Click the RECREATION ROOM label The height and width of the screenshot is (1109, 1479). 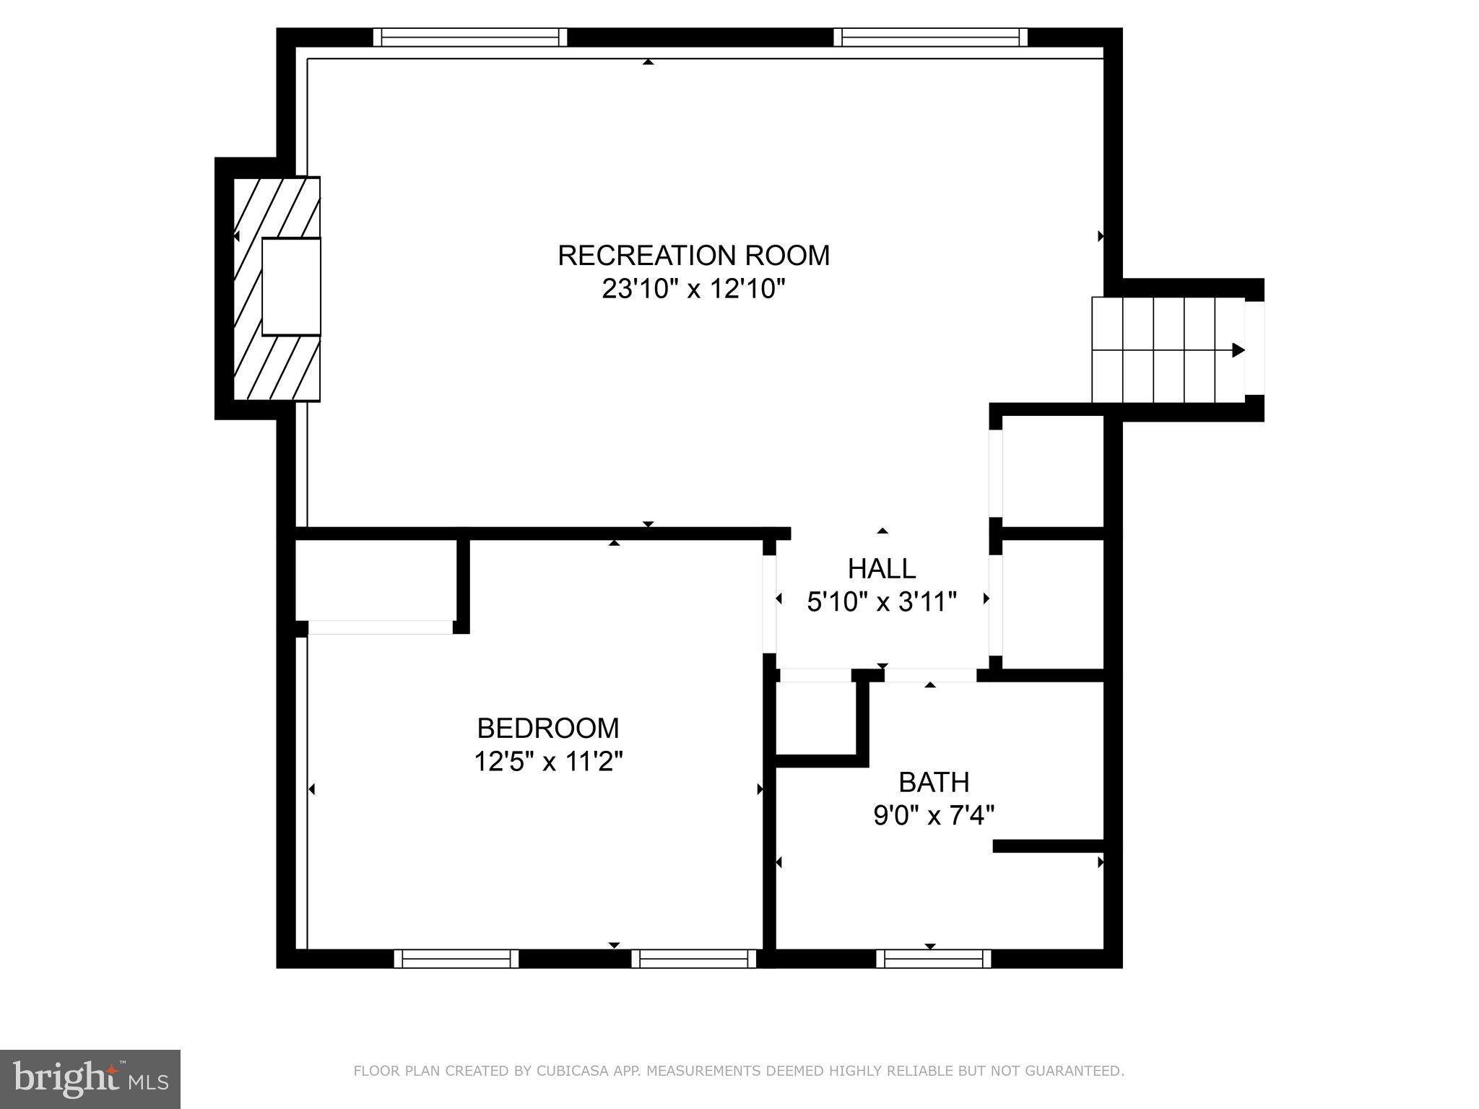coord(693,256)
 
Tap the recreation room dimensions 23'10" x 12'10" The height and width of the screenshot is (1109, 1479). coord(693,290)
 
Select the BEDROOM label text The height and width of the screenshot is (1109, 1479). coord(548,728)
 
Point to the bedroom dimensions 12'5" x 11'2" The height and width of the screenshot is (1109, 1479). coord(548,762)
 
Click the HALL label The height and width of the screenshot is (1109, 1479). coord(882,569)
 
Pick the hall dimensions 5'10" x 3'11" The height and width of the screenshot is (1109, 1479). coord(882,601)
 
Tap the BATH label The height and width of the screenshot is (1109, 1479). coord(934,782)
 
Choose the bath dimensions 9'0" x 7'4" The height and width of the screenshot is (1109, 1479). coord(934,816)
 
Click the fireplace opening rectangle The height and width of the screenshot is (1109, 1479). coord(291,287)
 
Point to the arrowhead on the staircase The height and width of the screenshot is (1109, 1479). coord(1239,350)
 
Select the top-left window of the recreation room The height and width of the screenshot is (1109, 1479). coord(470,37)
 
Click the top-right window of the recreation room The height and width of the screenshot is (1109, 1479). coord(930,37)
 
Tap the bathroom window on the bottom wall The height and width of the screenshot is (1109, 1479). coord(934,959)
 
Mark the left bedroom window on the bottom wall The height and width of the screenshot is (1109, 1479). coord(456,959)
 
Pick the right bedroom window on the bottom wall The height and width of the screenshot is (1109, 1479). coord(693,959)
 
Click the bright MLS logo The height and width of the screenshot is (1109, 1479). coord(90,1079)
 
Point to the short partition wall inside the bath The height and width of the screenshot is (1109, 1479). coord(1049,846)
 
